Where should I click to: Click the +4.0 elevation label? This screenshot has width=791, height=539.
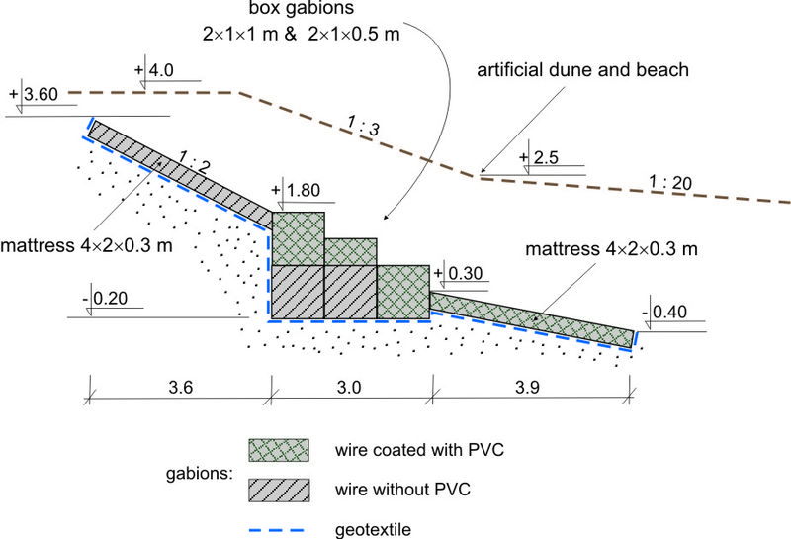(x=157, y=71)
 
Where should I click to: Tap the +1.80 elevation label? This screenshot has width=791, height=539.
(x=304, y=191)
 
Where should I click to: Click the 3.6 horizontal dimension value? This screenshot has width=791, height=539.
(x=178, y=389)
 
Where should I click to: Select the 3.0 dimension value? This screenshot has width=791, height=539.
(x=351, y=389)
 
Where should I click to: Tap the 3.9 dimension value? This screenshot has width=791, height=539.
(x=529, y=389)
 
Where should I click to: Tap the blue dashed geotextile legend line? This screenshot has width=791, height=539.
(x=278, y=528)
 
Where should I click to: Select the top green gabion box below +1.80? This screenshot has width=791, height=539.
(x=297, y=238)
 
